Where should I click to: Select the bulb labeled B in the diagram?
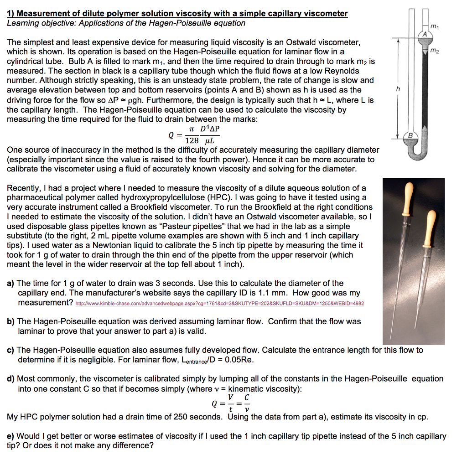[410, 136]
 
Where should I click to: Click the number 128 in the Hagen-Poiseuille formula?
[192, 141]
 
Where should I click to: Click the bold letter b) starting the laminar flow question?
[10, 321]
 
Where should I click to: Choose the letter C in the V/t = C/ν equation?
[246, 397]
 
